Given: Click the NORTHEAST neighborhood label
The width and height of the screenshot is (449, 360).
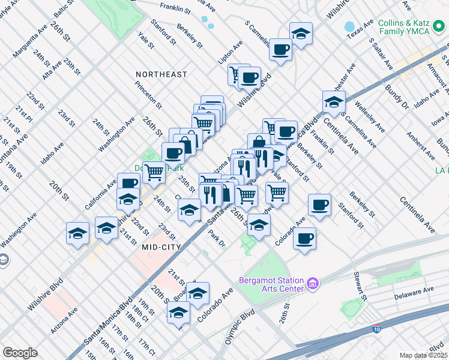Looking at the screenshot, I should (161, 74).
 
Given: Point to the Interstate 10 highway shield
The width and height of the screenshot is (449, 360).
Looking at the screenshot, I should (376, 329).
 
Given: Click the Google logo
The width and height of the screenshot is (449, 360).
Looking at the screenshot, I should (20, 353).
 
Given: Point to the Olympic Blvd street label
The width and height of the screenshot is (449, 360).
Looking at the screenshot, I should (240, 326).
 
